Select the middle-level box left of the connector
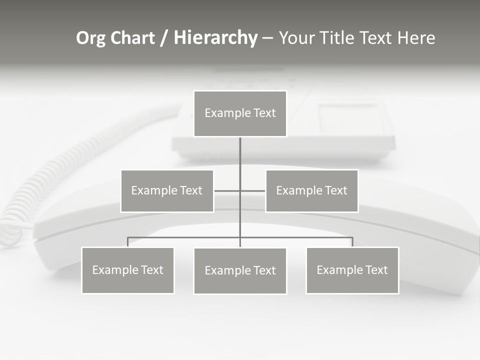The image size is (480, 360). tap(167, 190)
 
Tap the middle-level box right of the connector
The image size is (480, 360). tap(311, 190)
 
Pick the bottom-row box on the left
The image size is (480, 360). tap(127, 270)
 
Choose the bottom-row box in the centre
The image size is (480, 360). tap(240, 270)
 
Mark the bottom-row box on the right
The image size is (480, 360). tap(352, 270)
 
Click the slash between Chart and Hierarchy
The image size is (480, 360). tap(164, 38)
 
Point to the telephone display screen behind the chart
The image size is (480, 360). tap(349, 118)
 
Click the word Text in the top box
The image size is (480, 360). tap(264, 113)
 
